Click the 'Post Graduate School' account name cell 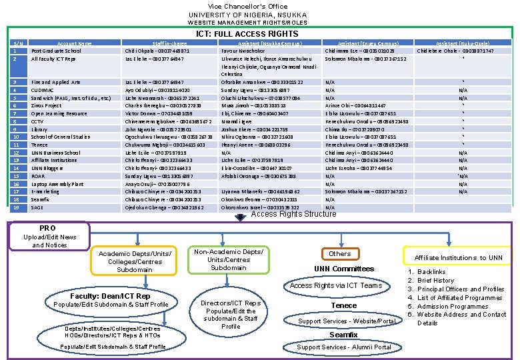[x=56, y=51]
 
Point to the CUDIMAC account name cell [x=43, y=90]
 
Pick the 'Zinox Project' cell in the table [x=46, y=105]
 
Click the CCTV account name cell [x=37, y=121]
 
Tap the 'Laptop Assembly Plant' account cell [x=57, y=184]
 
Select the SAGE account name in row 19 [x=37, y=207]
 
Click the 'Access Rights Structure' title [x=293, y=214]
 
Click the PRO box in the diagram [x=48, y=228]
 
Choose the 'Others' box [x=339, y=253]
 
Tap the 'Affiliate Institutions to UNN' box [x=459, y=257]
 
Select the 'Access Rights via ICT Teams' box [x=336, y=285]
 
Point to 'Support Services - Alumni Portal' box [x=344, y=347]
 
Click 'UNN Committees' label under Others [x=344, y=269]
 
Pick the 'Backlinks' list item [x=431, y=272]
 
